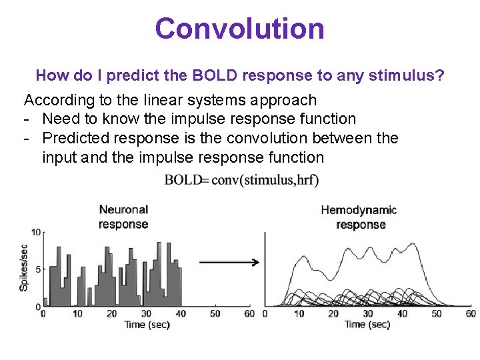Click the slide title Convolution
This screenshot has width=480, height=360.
pos(239,29)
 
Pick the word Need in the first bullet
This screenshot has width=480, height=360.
pos(59,119)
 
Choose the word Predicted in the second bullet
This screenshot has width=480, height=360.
pos(77,138)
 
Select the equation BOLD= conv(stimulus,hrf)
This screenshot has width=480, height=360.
pos(241,179)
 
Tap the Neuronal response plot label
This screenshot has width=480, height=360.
pos(123,217)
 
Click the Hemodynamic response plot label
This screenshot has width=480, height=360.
pos(360,217)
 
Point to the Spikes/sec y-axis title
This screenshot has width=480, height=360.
pos(25,268)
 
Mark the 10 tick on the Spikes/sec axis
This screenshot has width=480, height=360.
pos(37,233)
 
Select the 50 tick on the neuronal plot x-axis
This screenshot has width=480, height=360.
pos(215,313)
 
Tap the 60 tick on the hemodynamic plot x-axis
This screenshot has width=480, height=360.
pos(471,313)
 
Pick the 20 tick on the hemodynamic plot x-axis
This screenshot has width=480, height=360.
pos(333,313)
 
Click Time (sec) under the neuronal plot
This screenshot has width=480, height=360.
pos(147,325)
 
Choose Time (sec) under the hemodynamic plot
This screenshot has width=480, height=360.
pos(367,325)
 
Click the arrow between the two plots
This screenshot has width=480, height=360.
pos(229,262)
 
